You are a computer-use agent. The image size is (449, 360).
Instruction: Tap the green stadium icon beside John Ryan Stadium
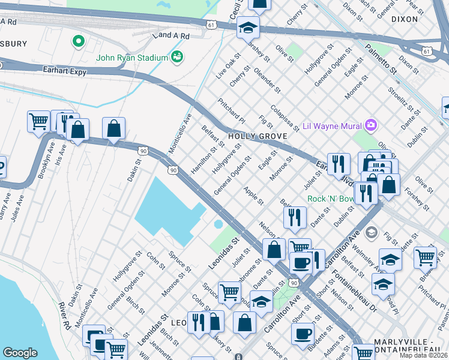177,57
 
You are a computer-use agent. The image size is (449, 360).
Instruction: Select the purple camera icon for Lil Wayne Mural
372,125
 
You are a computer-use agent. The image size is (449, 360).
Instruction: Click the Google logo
20,353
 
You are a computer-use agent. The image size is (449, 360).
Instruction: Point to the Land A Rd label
171,36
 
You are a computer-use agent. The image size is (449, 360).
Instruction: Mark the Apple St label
253,195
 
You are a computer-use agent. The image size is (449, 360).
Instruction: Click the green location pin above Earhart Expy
77,41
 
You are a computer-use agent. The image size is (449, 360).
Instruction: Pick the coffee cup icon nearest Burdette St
304,334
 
